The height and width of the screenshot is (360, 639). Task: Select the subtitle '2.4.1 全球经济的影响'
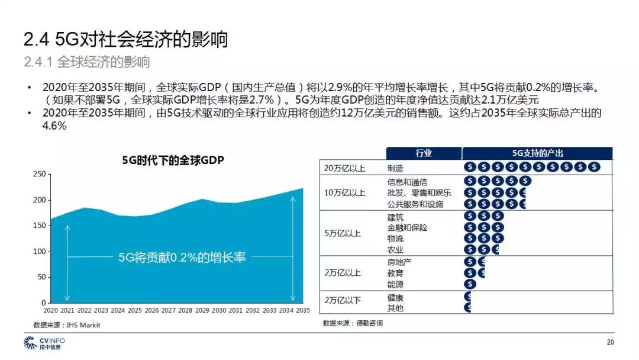pos(87,62)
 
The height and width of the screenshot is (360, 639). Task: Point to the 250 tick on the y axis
pos(38,174)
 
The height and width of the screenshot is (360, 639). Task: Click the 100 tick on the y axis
pos(38,252)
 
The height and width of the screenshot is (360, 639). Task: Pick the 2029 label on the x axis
pos(202,310)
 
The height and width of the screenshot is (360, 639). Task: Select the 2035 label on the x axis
pos(303,310)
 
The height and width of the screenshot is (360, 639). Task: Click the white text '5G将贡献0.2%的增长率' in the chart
pos(182,258)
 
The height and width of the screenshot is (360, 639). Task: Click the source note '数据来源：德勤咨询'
pos(353,323)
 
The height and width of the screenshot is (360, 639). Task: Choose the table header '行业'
pos(424,153)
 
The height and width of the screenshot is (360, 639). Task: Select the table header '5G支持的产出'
pos(537,153)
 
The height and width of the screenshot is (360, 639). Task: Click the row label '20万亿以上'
pos(344,168)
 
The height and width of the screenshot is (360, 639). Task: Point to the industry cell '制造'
pos(395,168)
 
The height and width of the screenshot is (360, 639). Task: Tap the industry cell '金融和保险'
pos(407,228)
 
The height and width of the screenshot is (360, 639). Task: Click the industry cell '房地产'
pos(399,262)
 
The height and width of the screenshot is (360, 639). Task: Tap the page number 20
pos(611,342)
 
